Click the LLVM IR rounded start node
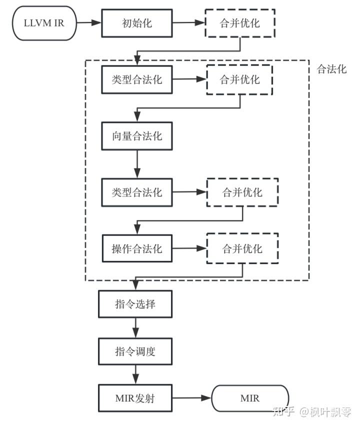coord(44,22)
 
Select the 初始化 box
coord(136,22)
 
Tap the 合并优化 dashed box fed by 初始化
coord(240,22)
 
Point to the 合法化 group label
coord(331,69)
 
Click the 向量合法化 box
coord(136,135)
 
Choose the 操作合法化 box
coord(136,248)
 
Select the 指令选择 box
coord(135,304)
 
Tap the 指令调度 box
coord(135,351)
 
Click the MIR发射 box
coord(135,398)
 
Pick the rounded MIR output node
coord(250,398)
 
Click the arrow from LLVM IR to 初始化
coord(89,22)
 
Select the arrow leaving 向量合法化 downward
coord(136,163)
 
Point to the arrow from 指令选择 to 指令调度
coord(135,327)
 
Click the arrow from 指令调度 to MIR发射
coord(135,374)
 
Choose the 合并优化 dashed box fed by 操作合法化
coord(242,248)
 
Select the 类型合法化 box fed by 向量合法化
coord(136,192)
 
